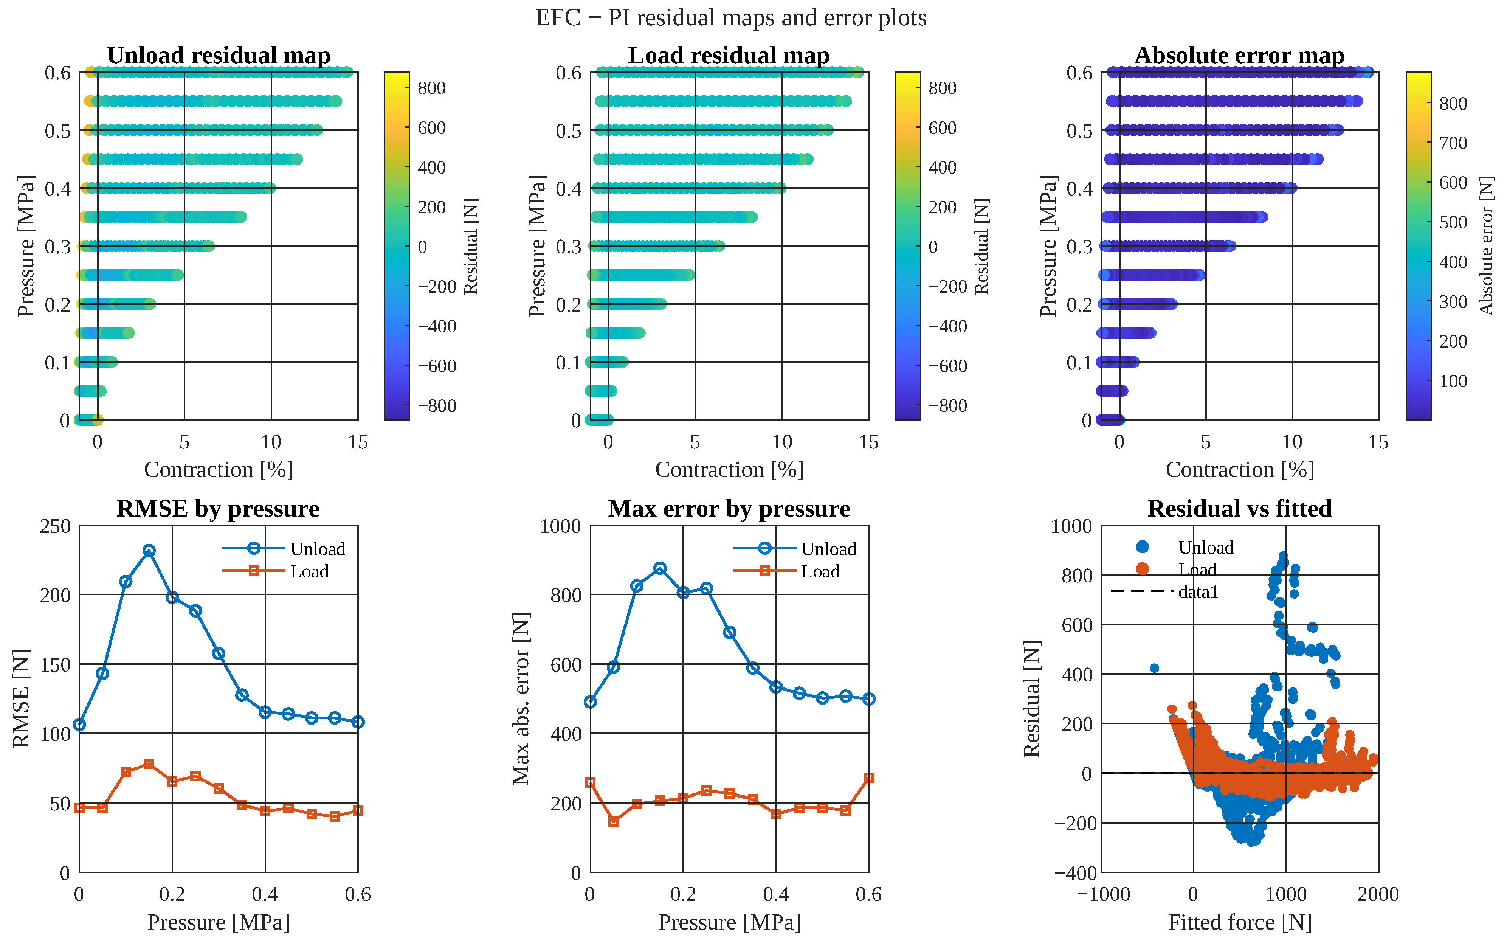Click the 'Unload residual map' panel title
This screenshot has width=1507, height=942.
219,56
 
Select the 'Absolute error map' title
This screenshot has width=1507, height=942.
1239,56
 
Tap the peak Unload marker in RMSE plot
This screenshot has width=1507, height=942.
149,551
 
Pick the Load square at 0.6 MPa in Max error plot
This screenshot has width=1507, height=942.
869,778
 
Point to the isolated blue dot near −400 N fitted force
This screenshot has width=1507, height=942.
1155,668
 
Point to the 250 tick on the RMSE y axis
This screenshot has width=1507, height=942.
56,526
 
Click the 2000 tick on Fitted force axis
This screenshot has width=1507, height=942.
1378,894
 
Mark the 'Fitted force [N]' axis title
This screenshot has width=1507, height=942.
1240,922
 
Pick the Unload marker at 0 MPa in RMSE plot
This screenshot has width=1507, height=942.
79,725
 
